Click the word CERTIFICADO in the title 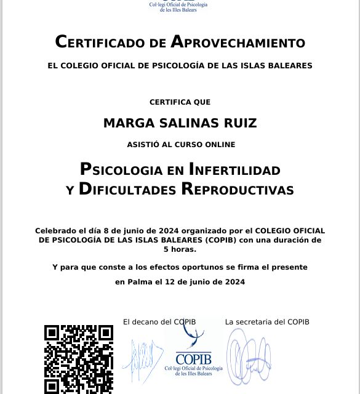click(x=102, y=42)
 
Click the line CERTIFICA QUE click(x=180, y=102)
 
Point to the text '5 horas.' click(x=180, y=249)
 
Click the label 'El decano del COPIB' click(x=159, y=322)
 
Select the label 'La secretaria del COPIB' click(x=267, y=322)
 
